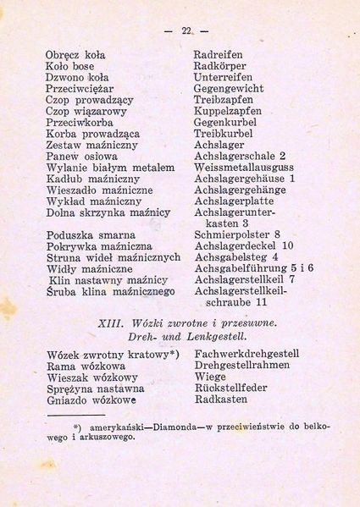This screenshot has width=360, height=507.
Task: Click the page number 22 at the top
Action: pos(186,31)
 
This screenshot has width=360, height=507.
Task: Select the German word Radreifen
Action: pos(219,55)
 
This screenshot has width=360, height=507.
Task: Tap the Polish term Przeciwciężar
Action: pos(80,89)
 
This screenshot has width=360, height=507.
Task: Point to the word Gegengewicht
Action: pos(229,89)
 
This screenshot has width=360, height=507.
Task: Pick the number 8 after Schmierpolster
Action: pos(277,234)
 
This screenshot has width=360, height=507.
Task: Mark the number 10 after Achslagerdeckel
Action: pos(288,245)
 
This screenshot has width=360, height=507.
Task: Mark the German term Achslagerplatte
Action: pos(233,201)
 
